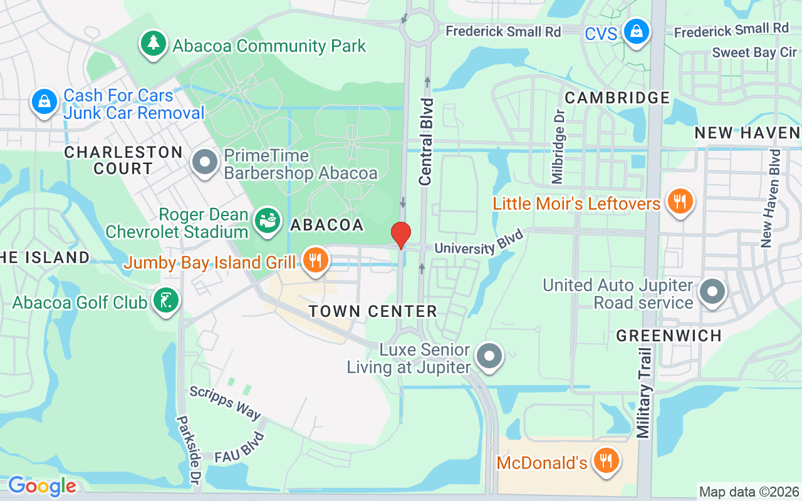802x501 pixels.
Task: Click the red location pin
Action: (x=401, y=235)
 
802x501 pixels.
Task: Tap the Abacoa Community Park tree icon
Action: (x=152, y=44)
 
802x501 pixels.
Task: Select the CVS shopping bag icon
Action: (x=636, y=31)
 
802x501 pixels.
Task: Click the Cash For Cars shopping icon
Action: (x=44, y=101)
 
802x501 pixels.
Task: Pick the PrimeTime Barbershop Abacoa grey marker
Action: (x=204, y=162)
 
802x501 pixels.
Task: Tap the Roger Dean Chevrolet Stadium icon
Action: (x=268, y=221)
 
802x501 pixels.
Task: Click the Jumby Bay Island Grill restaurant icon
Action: (x=315, y=260)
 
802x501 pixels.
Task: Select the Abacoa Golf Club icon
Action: (x=166, y=301)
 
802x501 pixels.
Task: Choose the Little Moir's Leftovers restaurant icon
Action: (x=679, y=202)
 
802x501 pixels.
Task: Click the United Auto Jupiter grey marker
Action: (x=712, y=292)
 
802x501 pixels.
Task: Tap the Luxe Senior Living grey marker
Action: (x=489, y=357)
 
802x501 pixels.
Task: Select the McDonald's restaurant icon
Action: (x=605, y=461)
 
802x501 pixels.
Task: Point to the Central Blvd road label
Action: (x=426, y=142)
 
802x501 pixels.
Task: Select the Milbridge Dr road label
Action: (x=558, y=146)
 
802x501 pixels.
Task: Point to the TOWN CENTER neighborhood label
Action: (x=373, y=311)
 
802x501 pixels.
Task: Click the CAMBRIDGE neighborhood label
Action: (x=617, y=98)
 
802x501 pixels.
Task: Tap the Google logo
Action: (x=42, y=486)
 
